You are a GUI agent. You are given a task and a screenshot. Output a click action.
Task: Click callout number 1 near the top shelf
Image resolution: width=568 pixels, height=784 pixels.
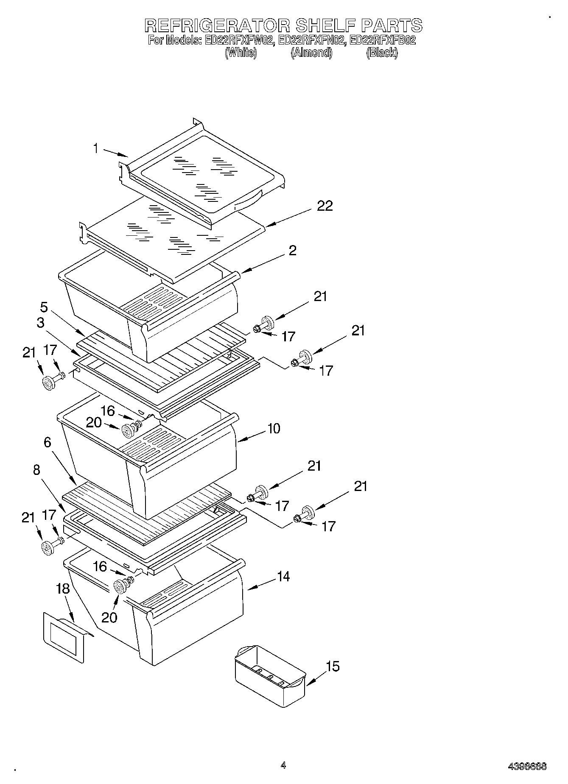[x=96, y=148]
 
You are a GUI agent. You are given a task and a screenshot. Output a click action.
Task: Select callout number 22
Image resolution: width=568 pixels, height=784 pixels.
[x=325, y=206]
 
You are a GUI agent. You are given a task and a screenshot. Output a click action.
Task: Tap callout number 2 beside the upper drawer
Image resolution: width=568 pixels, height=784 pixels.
[x=292, y=251]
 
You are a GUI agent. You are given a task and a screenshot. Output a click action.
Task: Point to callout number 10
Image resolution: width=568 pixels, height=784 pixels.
[x=274, y=429]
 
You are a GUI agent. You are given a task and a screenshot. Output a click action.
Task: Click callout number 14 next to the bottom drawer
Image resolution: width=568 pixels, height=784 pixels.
[x=283, y=577]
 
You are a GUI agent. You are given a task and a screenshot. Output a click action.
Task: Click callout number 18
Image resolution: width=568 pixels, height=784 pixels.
[x=63, y=589]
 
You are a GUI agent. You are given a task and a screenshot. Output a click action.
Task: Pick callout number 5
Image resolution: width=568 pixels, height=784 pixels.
[x=44, y=307]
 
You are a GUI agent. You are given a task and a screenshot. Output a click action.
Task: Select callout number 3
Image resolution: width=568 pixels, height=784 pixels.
[x=40, y=323]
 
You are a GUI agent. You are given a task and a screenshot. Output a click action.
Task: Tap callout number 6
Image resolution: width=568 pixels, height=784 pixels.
[x=47, y=443]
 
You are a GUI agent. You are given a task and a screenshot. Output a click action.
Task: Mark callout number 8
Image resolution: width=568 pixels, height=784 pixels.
[x=36, y=470]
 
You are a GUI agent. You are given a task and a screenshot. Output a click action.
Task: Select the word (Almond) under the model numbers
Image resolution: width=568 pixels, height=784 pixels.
[x=311, y=53]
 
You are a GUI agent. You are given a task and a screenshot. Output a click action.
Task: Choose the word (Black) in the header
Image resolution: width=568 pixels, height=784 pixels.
[x=382, y=53]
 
